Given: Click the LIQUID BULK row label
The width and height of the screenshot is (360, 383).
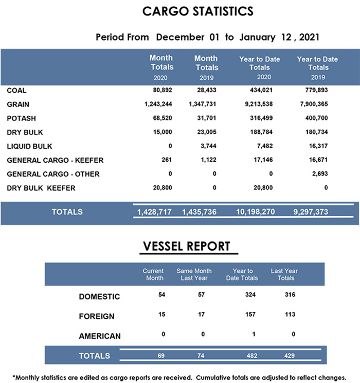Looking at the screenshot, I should tap(29, 146).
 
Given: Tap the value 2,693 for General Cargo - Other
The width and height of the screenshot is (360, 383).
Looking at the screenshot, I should tap(319, 174).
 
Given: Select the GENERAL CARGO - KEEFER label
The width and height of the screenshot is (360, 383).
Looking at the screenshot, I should tap(49, 160).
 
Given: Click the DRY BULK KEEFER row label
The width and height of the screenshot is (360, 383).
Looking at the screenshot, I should tap(41, 188).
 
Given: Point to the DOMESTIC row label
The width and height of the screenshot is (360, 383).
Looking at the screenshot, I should tap(99, 297).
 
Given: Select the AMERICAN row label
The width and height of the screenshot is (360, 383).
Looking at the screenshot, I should tap(100, 336).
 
